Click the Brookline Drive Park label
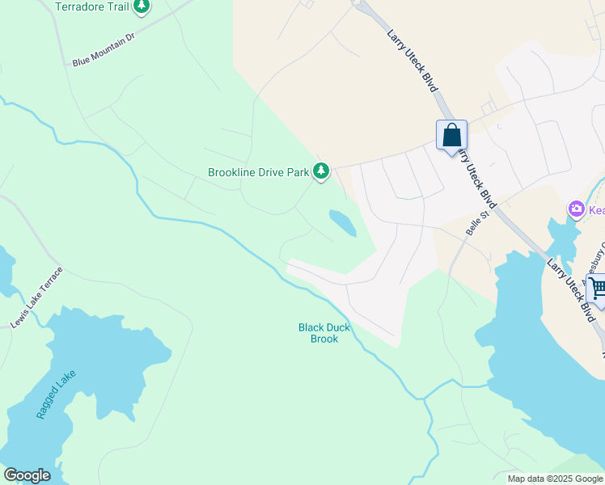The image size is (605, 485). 259,172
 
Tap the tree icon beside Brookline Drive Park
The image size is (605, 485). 322,171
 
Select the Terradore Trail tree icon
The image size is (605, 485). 142,7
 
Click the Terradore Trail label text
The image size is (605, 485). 91,6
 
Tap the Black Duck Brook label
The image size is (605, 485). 324,333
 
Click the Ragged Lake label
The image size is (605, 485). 56,394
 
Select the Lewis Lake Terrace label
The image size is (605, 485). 36,297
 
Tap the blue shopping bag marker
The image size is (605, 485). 451,134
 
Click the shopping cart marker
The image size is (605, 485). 598,287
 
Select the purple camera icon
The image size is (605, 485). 577,210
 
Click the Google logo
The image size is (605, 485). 27,475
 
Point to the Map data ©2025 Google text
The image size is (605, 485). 554,479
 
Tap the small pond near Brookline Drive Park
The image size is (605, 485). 342,223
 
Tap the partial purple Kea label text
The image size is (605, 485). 596,210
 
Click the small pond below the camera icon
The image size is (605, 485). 561,237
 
